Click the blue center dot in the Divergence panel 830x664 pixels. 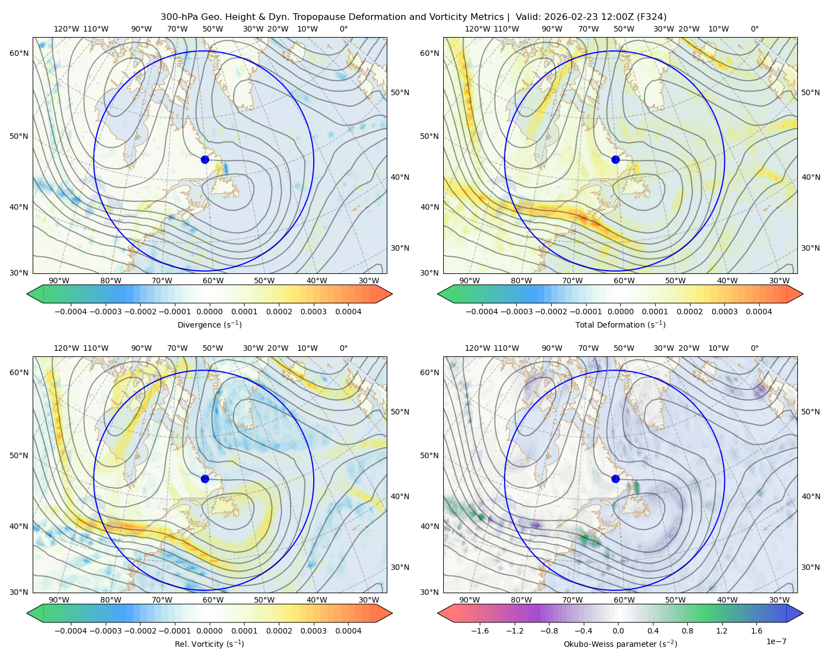[205, 159]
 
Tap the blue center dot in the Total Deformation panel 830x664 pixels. [615, 159]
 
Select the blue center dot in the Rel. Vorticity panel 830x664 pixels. [205, 479]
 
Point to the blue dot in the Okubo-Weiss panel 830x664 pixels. [615, 479]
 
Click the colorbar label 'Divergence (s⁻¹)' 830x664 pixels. [209, 324]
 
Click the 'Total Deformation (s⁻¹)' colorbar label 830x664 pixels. [620, 324]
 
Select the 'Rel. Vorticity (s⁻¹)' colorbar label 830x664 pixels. [209, 644]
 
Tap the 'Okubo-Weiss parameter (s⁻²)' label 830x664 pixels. [620, 644]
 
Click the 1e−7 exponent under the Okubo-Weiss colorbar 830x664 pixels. [776, 642]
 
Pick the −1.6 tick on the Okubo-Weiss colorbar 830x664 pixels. [480, 631]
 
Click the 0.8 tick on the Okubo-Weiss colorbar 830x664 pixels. [687, 631]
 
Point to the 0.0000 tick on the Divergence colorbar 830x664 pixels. [209, 312]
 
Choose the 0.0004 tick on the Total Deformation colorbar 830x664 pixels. [759, 312]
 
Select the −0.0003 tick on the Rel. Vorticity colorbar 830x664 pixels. [105, 631]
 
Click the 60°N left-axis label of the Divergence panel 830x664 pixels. [19, 53]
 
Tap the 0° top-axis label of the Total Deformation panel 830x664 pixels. [754, 29]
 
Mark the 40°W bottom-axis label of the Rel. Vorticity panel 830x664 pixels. [317, 600]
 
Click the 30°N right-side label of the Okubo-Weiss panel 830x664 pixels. [810, 567]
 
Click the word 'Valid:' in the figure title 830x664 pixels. [528, 17]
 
